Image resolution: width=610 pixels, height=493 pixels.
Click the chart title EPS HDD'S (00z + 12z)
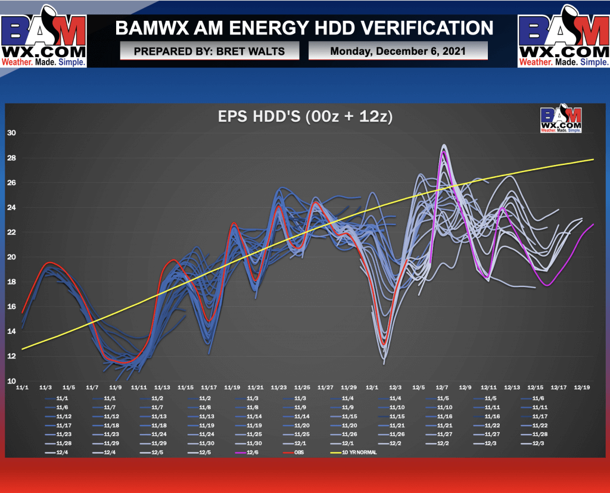tap(304, 117)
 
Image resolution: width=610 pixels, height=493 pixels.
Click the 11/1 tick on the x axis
tap(21, 387)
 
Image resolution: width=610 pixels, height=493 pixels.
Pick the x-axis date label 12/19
tap(582, 387)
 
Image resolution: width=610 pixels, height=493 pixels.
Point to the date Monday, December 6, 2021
tap(398, 51)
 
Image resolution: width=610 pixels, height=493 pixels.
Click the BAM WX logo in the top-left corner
tap(44, 36)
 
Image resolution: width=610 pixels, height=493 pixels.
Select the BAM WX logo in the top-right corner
tap(564, 36)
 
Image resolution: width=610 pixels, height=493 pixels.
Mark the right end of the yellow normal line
tap(594, 160)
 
